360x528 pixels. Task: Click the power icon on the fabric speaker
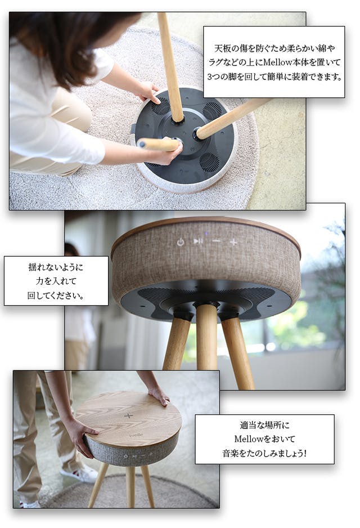coord(181,242)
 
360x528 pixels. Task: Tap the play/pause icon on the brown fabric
coord(198,241)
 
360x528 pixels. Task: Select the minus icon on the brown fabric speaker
coord(217,241)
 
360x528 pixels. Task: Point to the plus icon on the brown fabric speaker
coord(233,242)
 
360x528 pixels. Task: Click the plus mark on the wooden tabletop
coord(128,415)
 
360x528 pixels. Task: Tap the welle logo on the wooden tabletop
coord(136,435)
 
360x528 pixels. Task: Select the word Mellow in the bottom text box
coord(249,439)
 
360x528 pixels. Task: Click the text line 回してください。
coord(56,296)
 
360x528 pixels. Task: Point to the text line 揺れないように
coord(56,267)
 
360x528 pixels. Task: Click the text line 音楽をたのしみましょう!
coord(264,453)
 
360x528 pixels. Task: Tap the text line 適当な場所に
coord(264,425)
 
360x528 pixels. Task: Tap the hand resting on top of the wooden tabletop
coord(158,395)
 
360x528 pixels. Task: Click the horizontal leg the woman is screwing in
coord(158,144)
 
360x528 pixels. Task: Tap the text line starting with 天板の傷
coord(274,48)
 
